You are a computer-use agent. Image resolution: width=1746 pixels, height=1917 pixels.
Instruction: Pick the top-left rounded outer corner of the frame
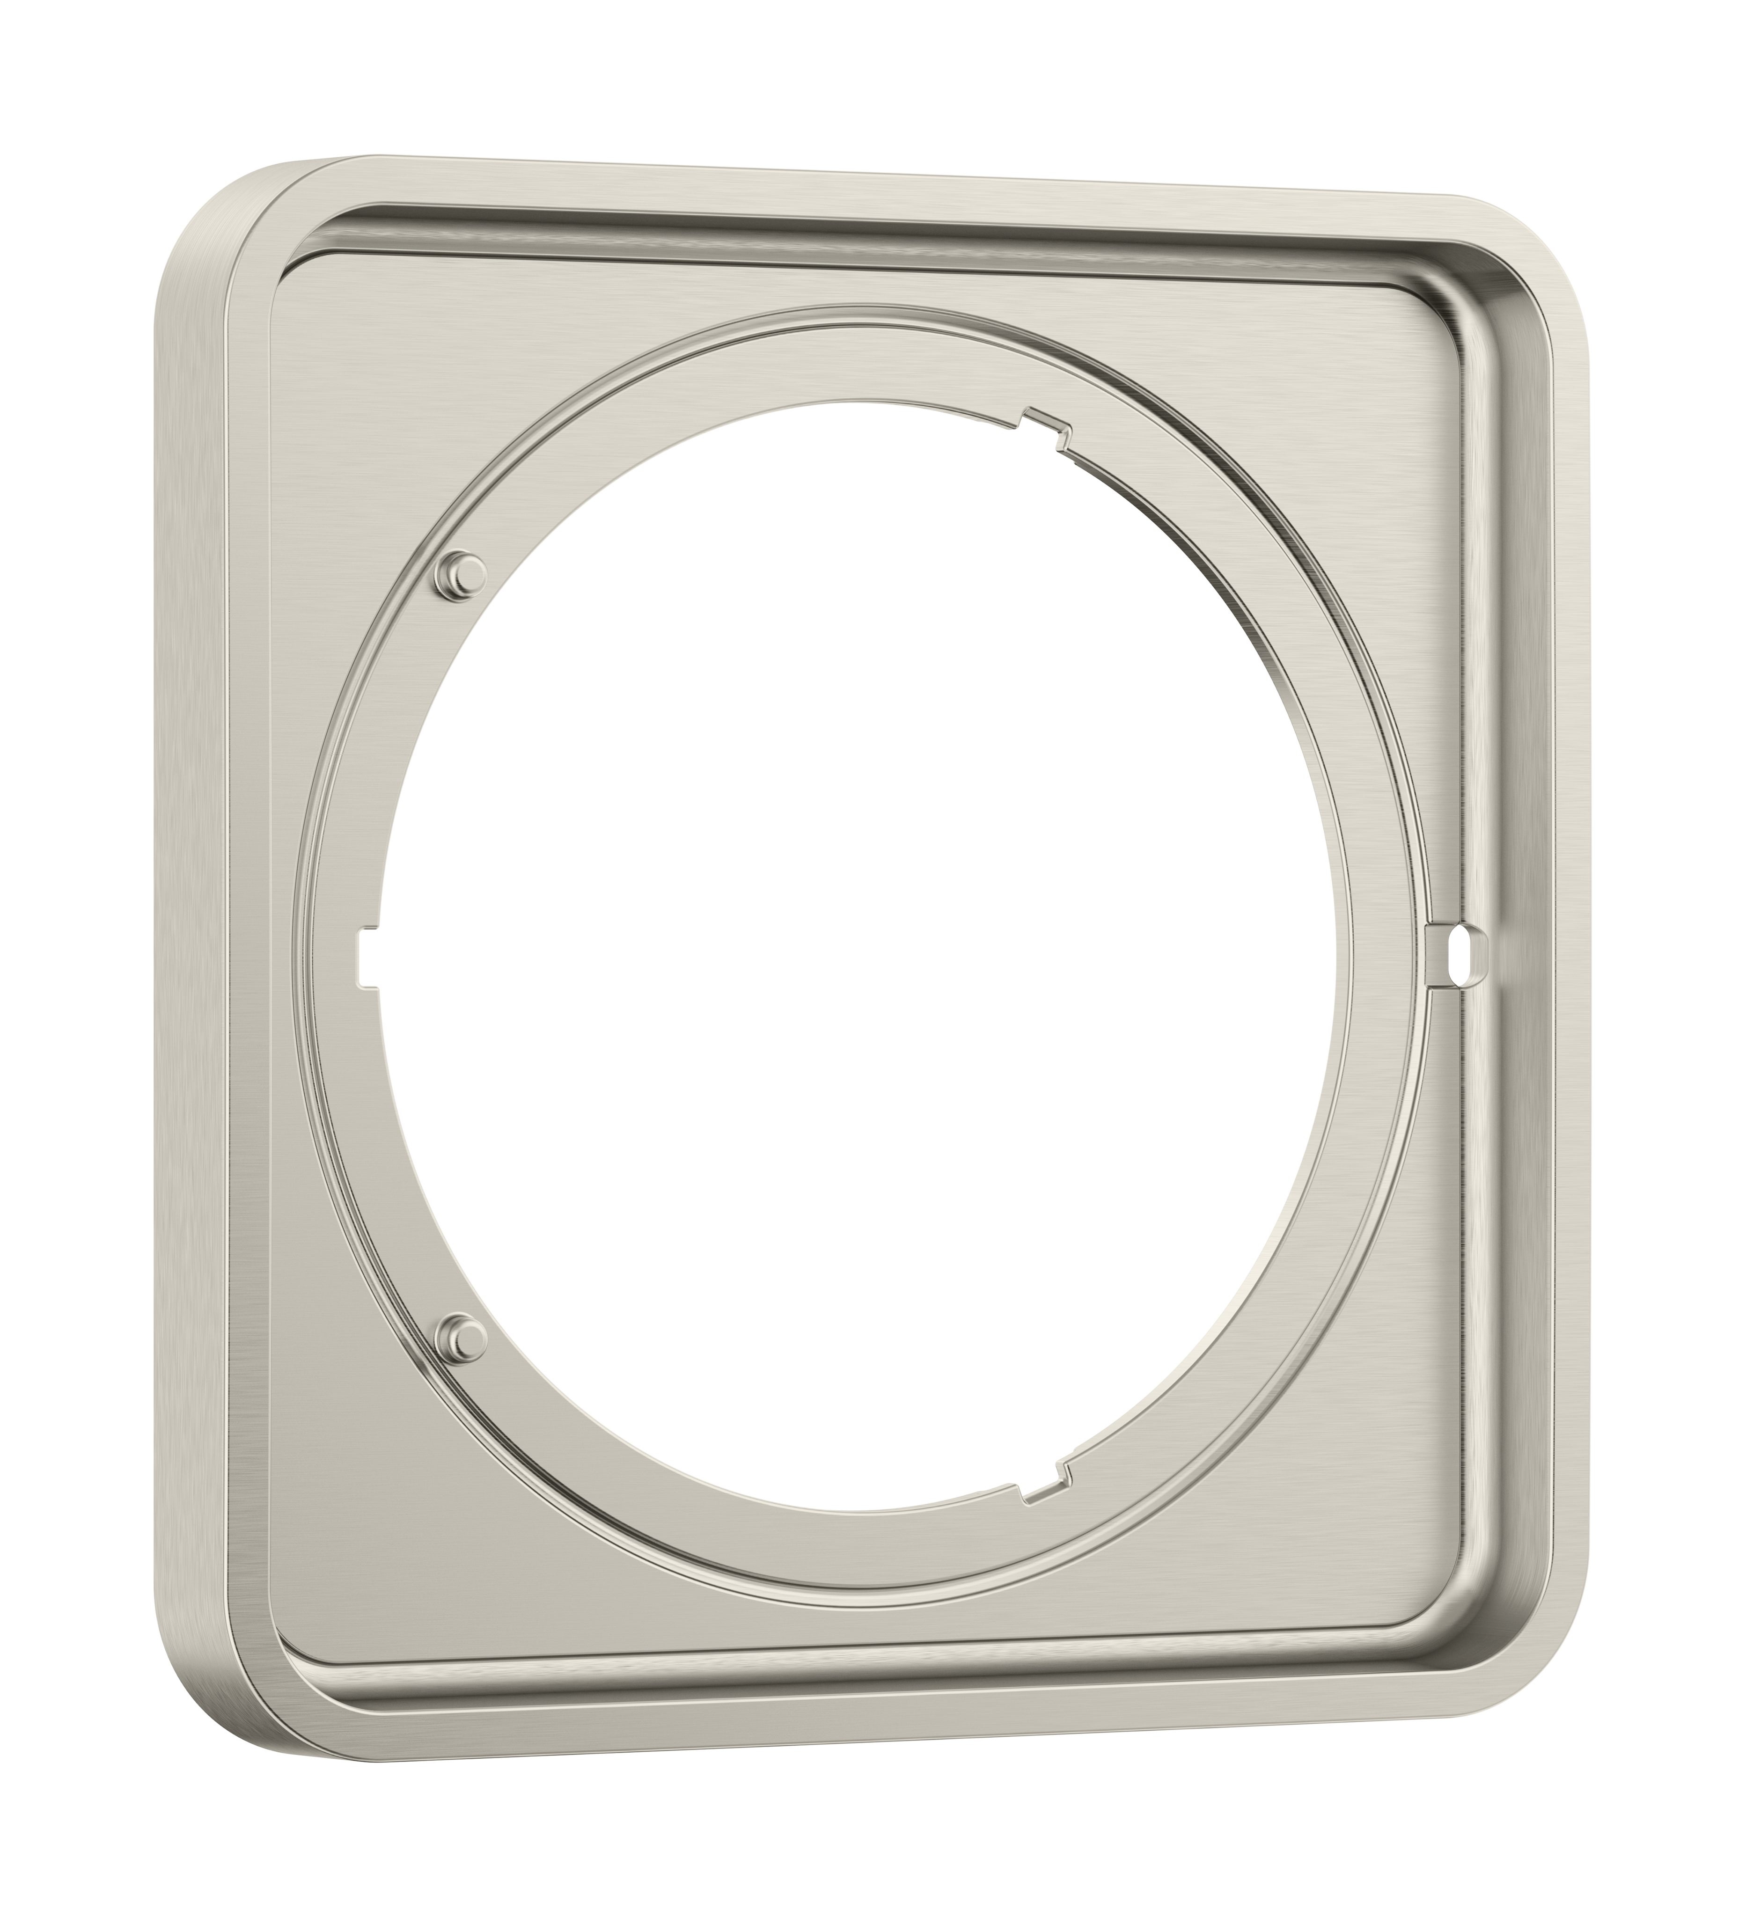coord(205,205)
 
